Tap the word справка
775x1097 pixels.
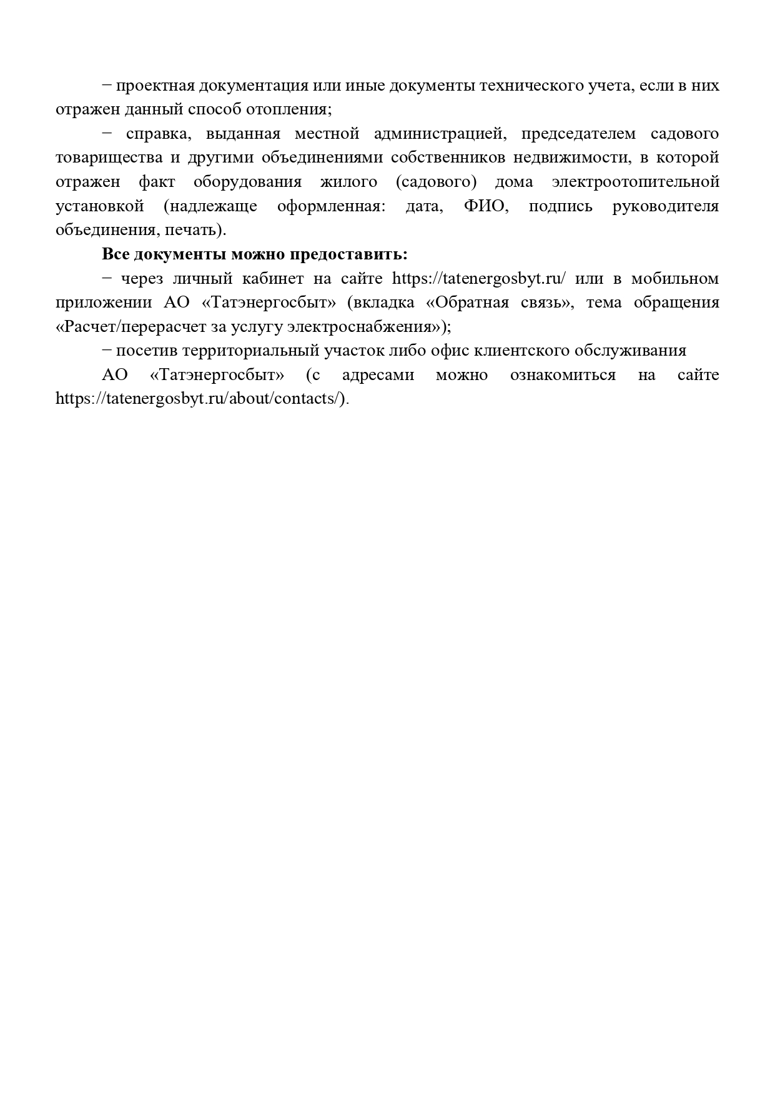pos(152,134)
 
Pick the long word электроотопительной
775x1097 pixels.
pos(636,182)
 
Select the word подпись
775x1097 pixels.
pos(560,206)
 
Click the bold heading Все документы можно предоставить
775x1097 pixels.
pos(255,254)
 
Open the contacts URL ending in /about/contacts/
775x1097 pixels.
pos(200,399)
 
